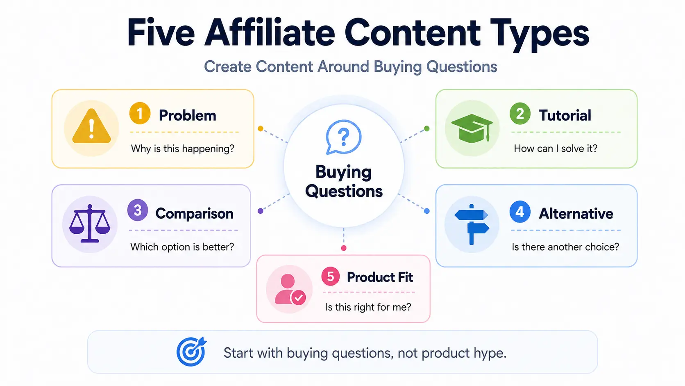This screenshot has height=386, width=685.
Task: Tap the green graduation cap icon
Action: coord(472,128)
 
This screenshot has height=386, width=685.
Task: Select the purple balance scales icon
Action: coord(90,224)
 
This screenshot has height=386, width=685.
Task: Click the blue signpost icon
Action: coord(472,224)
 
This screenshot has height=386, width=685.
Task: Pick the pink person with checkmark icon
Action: coord(290,289)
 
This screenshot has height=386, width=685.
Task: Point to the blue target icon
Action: coord(191,352)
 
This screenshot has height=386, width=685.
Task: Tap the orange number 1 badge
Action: coord(140,113)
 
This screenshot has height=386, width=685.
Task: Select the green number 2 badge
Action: coord(520,114)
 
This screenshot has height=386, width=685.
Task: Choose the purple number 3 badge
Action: coord(138,210)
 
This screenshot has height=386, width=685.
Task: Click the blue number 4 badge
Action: coord(520,212)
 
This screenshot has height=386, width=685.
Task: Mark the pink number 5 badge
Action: coord(331,276)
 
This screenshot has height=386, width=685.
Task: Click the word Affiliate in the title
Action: coord(270,32)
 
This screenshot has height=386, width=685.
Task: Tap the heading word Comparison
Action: coord(194,213)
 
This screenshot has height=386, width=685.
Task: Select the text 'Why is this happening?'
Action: coord(183,149)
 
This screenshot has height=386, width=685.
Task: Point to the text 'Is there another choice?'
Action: coord(565,247)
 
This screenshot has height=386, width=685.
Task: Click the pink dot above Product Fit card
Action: coord(344,248)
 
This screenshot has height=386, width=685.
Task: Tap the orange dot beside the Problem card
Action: coord(261,128)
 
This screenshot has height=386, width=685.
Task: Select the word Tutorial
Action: coord(565,115)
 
